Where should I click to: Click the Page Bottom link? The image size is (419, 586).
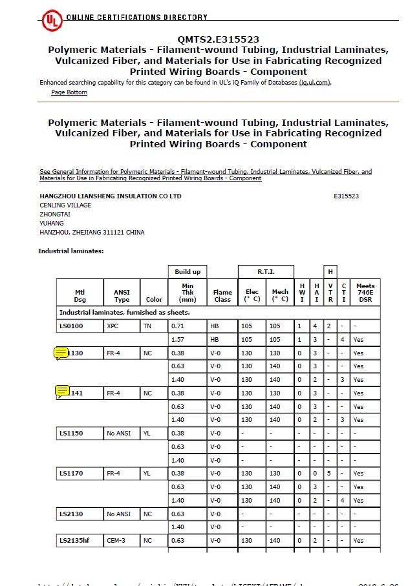pyautogui.click(x=69, y=92)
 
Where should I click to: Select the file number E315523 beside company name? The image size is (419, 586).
pyautogui.click(x=346, y=196)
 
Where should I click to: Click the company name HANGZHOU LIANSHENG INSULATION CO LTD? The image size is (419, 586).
pyautogui.click(x=111, y=196)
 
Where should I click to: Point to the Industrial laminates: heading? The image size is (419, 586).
pyautogui.click(x=71, y=251)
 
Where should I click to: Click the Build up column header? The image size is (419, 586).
pyautogui.click(x=188, y=272)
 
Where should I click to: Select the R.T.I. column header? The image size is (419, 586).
pyautogui.click(x=266, y=272)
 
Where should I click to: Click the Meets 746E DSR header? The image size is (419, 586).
pyautogui.click(x=365, y=292)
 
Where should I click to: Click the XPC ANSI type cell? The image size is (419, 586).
pyautogui.click(x=113, y=326)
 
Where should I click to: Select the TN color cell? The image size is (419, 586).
pyautogui.click(x=147, y=326)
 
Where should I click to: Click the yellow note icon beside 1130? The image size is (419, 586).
pyautogui.click(x=61, y=353)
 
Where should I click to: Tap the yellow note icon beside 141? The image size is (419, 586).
pyautogui.click(x=62, y=391)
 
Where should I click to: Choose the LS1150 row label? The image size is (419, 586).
pyautogui.click(x=72, y=433)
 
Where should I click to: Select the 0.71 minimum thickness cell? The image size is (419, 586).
pyautogui.click(x=178, y=326)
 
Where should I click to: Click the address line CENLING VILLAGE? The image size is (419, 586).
pyautogui.click(x=65, y=205)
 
